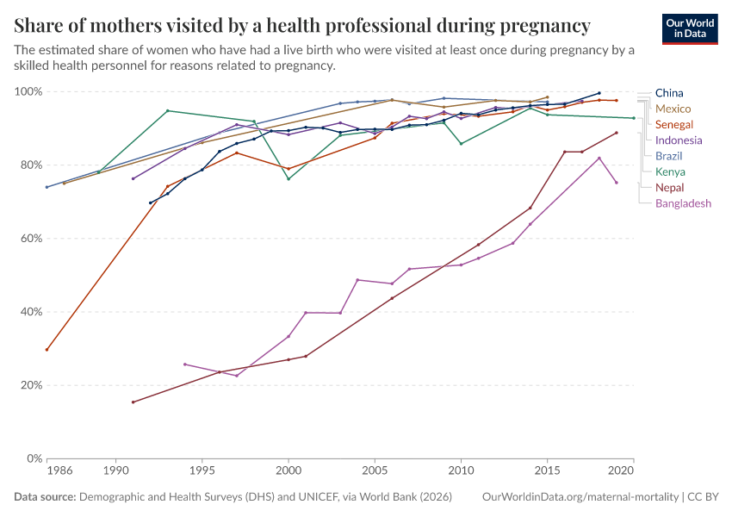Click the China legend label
point(670,93)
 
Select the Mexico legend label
point(673,109)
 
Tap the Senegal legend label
point(674,124)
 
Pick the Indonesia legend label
point(679,140)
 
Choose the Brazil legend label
point(669,156)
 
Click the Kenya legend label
point(670,171)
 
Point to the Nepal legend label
point(670,188)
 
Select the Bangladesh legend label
point(683,203)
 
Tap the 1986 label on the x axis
point(59,471)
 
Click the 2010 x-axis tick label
point(461,471)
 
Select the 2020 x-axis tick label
point(621,471)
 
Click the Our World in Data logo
point(689,28)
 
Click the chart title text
point(302,25)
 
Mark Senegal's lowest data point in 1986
point(47,349)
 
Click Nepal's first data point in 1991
point(133,402)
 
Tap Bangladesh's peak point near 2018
point(599,158)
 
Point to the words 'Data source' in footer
point(45,497)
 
